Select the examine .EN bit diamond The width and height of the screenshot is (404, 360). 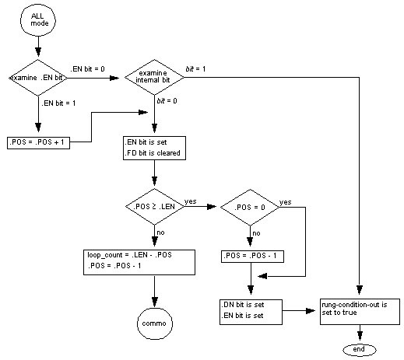point(37,78)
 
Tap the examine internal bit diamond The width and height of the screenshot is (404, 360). point(153,78)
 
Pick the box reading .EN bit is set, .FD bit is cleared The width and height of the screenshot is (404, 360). point(153,148)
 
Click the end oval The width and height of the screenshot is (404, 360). point(359,350)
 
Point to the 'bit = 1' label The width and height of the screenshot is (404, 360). point(196,69)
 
